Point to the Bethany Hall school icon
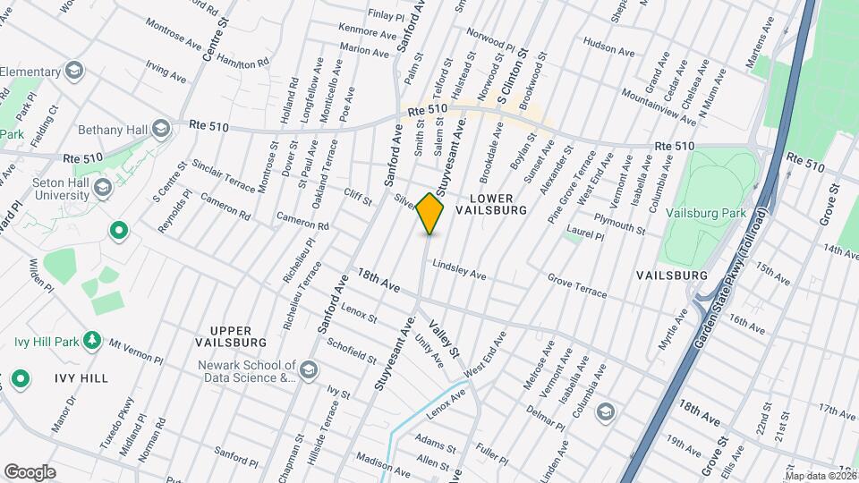pyautogui.click(x=161, y=129)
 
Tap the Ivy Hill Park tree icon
pyautogui.click(x=91, y=341)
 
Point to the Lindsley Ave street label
pyautogui.click(x=459, y=270)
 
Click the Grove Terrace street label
pyautogui.click(x=577, y=288)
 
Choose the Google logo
pyautogui.click(x=30, y=471)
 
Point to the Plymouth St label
pyautogui.click(x=621, y=223)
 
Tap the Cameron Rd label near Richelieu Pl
pyautogui.click(x=302, y=222)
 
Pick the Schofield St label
pyautogui.click(x=352, y=350)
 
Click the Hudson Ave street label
pyautogui.click(x=608, y=42)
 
